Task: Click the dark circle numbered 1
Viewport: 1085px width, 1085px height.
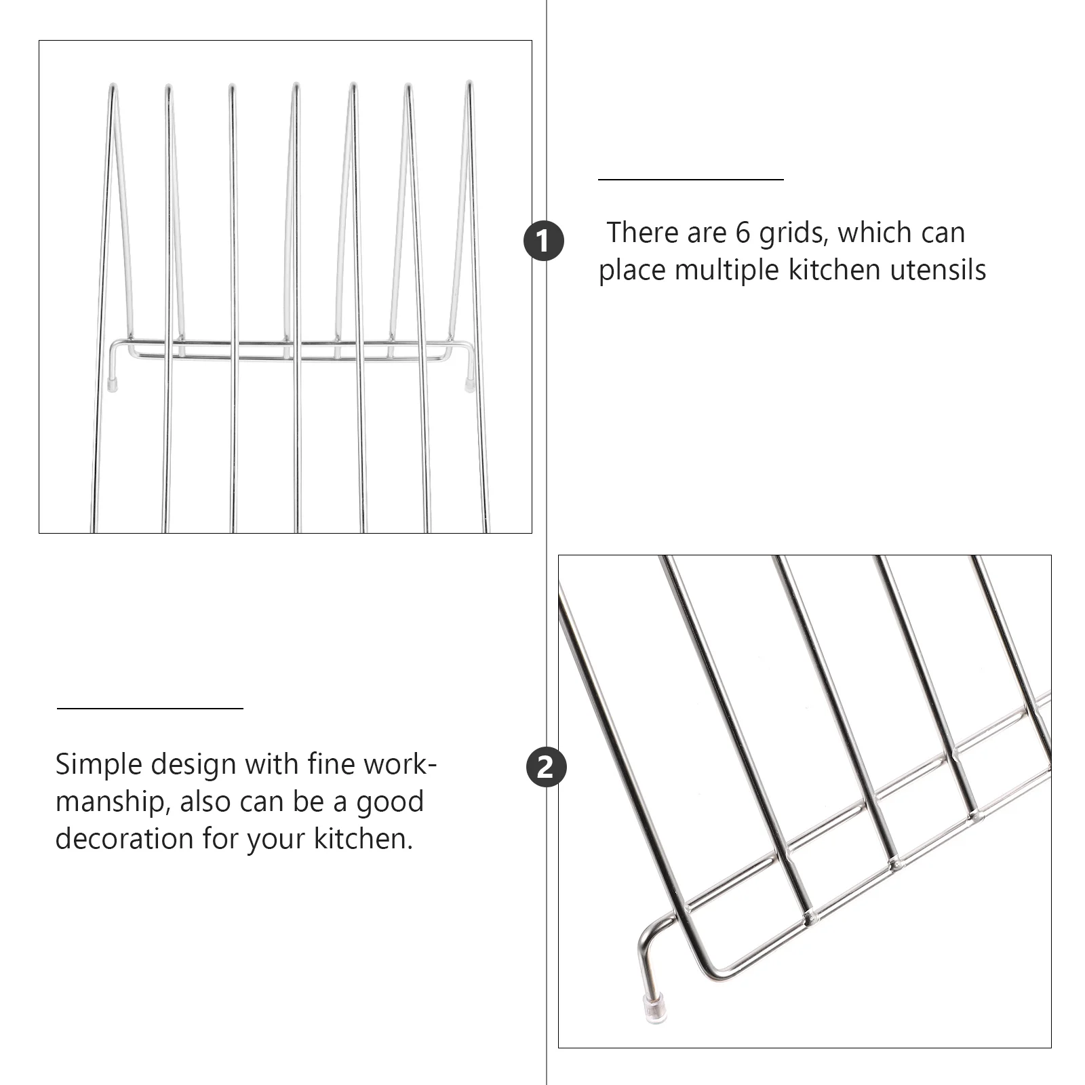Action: coord(544,241)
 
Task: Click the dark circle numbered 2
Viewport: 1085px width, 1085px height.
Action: coord(546,768)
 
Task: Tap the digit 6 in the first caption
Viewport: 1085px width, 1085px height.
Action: coord(743,233)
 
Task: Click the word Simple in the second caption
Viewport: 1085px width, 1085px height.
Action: coord(98,765)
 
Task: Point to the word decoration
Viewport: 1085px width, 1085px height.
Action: coord(124,839)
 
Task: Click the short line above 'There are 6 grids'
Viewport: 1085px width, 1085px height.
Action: coord(690,180)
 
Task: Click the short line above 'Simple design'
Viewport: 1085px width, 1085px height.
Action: coord(150,709)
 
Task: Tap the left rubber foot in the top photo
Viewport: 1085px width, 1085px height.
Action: coord(113,384)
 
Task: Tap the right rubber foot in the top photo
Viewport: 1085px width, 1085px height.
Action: coord(469,384)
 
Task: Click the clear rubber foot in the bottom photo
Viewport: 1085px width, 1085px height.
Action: coord(654,1009)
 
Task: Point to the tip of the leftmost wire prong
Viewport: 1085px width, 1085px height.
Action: coord(114,86)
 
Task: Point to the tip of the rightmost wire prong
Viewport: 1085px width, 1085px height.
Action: coord(469,83)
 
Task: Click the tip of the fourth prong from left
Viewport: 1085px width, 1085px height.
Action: coord(296,85)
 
